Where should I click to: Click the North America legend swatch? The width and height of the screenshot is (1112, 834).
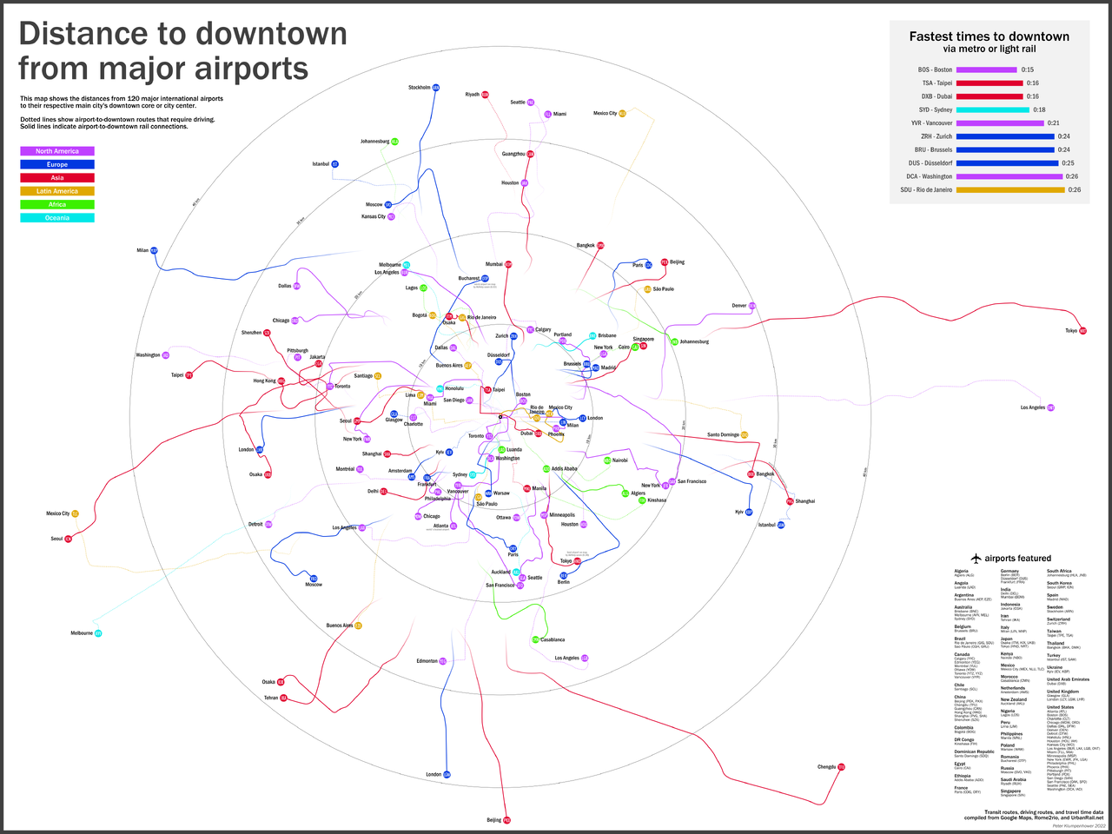pos(57,151)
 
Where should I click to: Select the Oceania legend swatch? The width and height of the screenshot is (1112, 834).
pos(57,218)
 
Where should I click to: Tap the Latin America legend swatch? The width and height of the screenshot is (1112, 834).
pos(57,191)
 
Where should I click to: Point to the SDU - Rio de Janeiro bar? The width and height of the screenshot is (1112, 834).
pos(1009,189)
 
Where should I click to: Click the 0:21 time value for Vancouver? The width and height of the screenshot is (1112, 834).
pos(1053,123)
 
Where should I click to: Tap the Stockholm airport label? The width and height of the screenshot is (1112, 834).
pos(419,88)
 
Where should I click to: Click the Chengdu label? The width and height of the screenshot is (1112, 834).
pos(826,767)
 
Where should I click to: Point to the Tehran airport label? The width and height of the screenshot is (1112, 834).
pos(271,698)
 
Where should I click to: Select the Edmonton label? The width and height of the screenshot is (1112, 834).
pos(427,661)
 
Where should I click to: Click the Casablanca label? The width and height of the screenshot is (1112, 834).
pos(553,640)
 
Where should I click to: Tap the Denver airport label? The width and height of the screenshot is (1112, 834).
pos(738,306)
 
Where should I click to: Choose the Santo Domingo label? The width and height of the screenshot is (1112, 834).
pos(723,434)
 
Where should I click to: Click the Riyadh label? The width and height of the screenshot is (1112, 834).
pos(473,95)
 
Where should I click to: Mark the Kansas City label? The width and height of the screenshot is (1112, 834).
pos(374,216)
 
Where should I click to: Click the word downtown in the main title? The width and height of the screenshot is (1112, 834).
pos(271,33)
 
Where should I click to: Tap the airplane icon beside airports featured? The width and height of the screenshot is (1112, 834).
pos(976,559)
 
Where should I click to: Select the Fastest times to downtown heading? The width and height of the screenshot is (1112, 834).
pos(989,36)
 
